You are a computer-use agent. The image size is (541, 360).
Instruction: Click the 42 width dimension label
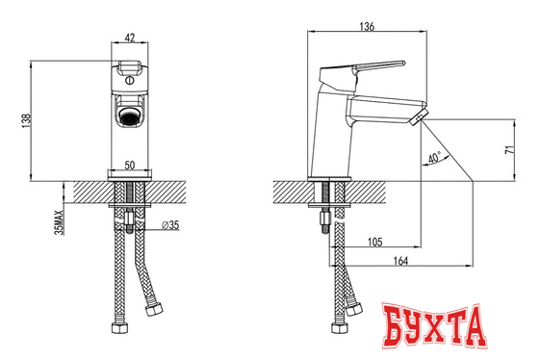point(129,38)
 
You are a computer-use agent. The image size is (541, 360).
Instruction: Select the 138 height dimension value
point(26,121)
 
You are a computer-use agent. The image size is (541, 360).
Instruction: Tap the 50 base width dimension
point(129,165)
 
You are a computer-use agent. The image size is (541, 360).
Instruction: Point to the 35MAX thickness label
point(60,222)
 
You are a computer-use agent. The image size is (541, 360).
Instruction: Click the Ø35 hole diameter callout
point(170,225)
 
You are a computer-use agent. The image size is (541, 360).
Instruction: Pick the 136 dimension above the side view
point(367,27)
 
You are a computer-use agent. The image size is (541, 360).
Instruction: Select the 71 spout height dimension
point(509,150)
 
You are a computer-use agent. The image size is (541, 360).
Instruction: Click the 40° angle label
point(434,158)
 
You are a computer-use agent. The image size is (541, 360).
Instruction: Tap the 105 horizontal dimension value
point(375,242)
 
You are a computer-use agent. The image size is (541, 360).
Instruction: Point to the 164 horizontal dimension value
point(400,261)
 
